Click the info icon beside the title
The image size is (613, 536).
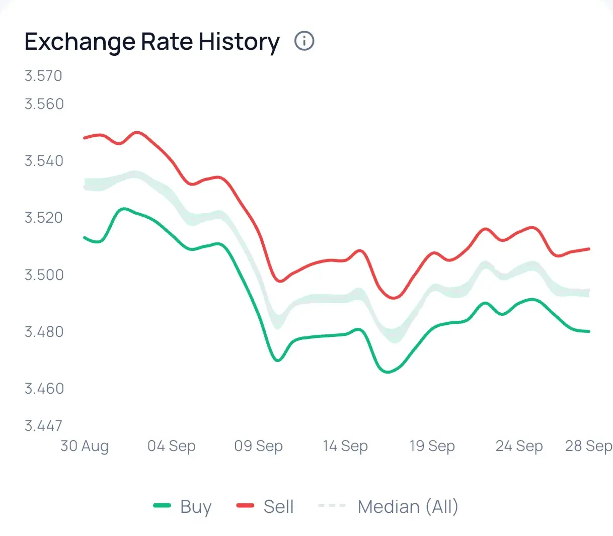(304, 41)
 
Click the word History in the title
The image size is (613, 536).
(239, 42)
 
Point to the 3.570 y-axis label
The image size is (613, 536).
(43, 76)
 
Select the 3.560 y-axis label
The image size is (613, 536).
(44, 104)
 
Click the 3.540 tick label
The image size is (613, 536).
(44, 161)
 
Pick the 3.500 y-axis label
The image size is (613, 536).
(44, 275)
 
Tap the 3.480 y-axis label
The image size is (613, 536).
(44, 332)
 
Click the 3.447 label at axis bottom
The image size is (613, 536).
(43, 426)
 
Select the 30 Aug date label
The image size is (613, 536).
(85, 446)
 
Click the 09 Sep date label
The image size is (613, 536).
(259, 446)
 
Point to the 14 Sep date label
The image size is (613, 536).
(345, 446)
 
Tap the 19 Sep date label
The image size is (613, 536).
(432, 446)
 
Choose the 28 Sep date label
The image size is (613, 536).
(588, 446)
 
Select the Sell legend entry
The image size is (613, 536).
(265, 506)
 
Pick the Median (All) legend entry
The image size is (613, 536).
(389, 506)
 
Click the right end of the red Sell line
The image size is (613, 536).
(589, 249)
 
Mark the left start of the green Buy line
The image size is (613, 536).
(85, 237)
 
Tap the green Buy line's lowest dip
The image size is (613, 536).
(387, 372)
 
